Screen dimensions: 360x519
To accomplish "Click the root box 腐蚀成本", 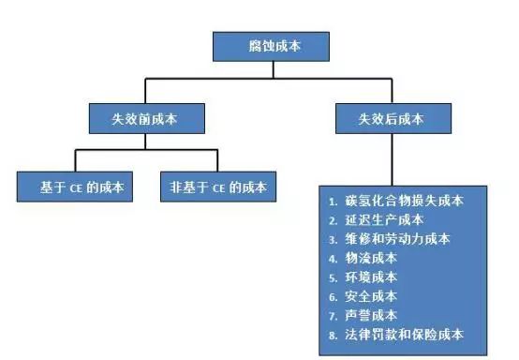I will tap(271, 44).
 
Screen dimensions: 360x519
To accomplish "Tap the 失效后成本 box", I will tap(392, 117).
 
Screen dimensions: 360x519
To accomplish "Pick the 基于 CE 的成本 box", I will tap(72, 187).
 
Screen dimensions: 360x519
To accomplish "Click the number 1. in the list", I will tap(334, 201).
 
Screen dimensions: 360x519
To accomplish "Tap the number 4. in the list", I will tap(334, 258).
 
